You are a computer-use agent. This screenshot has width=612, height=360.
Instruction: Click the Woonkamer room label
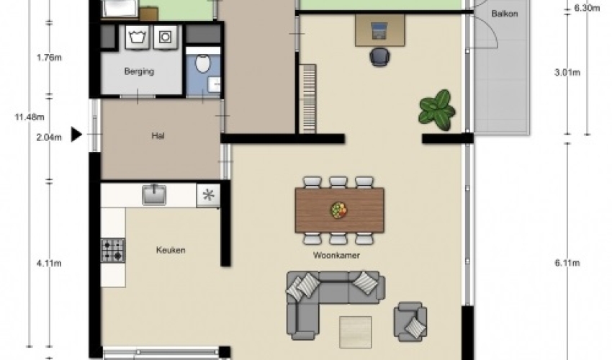coord(336,256)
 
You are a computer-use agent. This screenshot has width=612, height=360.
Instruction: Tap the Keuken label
coord(171,251)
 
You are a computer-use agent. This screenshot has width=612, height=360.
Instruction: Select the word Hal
coord(158,136)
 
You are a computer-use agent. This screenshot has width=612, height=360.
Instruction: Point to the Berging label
coord(139,71)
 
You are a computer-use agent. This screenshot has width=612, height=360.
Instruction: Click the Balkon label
coord(505,14)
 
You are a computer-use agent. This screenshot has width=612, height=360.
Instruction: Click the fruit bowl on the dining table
coord(339,210)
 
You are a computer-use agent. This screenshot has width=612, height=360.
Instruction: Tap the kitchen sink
coord(154,194)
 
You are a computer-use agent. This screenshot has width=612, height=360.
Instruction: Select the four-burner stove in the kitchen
coord(113,251)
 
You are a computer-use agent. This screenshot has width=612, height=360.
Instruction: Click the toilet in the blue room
coord(202,63)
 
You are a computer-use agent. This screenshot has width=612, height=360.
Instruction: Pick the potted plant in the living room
coord(437,110)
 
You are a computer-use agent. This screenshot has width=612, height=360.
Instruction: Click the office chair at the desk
coord(379,57)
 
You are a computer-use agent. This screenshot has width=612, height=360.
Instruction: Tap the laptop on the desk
coord(378,31)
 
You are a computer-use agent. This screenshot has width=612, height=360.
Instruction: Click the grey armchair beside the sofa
coord(410,321)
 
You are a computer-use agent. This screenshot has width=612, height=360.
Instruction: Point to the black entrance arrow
coord(76,135)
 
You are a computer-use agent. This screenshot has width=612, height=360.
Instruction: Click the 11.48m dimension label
coord(30,117)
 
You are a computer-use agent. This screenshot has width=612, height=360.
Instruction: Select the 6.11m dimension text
coord(567,264)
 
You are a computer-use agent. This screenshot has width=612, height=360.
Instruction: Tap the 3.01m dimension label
coord(567,73)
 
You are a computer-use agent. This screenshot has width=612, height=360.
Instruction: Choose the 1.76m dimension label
coord(49,58)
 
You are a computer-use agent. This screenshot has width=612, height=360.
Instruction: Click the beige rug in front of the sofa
coord(355,332)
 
